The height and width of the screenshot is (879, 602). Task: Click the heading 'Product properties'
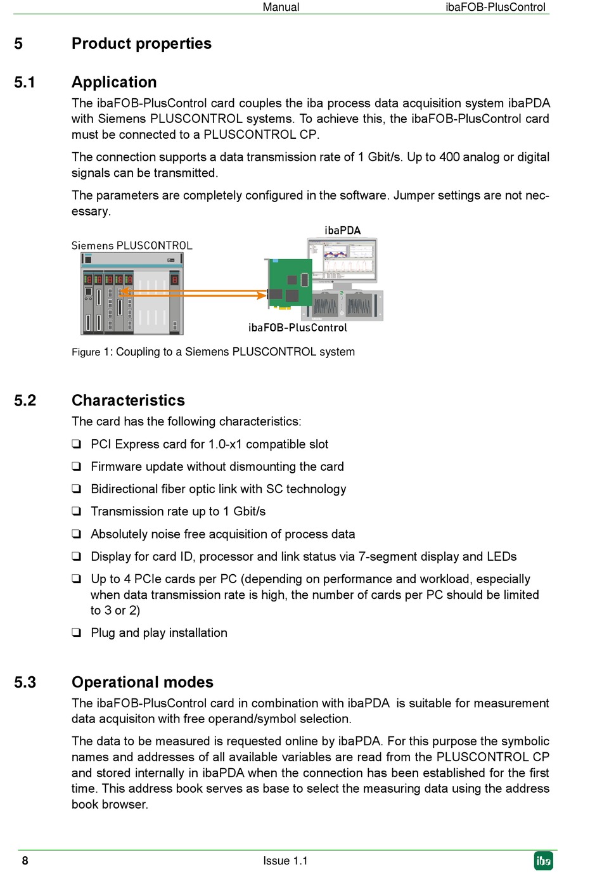coord(141,44)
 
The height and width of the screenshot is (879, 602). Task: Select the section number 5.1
coord(25,82)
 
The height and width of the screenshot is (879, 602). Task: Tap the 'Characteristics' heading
coord(128,401)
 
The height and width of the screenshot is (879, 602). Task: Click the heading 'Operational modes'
coord(143,683)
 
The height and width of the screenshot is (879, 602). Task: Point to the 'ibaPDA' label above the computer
coord(342,231)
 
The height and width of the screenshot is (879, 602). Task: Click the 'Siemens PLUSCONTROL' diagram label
coord(132,246)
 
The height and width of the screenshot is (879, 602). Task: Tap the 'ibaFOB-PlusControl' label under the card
coord(298,328)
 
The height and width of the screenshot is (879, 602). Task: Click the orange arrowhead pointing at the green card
coord(261,295)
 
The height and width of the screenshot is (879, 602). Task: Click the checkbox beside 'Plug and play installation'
coord(77,632)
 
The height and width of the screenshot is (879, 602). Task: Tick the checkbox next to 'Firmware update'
coord(77,466)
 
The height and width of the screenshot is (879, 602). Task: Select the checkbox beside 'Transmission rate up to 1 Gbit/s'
coord(77,511)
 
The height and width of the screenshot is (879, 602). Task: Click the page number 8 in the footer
coord(25,861)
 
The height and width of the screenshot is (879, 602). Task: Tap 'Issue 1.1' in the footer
coord(285,861)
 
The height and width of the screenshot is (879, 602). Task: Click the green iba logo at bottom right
coord(543,861)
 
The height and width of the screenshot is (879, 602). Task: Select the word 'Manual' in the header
coord(281,8)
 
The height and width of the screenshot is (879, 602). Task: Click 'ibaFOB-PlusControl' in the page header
coord(495,8)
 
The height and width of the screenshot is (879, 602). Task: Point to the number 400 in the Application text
coord(450,157)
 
